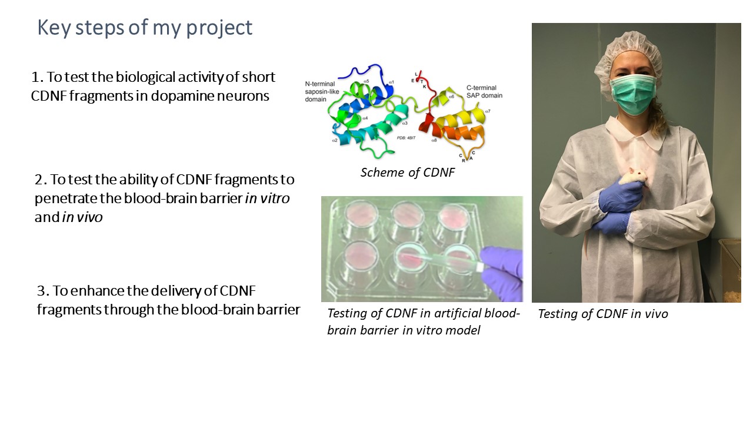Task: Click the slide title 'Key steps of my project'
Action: pyautogui.click(x=145, y=28)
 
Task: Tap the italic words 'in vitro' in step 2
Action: pyautogui.click(x=267, y=198)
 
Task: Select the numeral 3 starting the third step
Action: pyautogui.click(x=41, y=291)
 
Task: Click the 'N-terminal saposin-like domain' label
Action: pyautogui.click(x=322, y=91)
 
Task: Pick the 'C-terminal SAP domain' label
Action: pyautogui.click(x=484, y=91)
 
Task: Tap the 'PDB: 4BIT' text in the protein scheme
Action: pyautogui.click(x=406, y=138)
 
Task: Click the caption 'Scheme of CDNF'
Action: pyautogui.click(x=408, y=173)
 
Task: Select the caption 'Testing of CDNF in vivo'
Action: pyautogui.click(x=603, y=314)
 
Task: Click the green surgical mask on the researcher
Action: pyautogui.click(x=633, y=94)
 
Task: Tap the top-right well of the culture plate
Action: pyautogui.click(x=453, y=217)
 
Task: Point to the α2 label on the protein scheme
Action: pyautogui.click(x=335, y=140)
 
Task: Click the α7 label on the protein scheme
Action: pyautogui.click(x=488, y=111)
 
